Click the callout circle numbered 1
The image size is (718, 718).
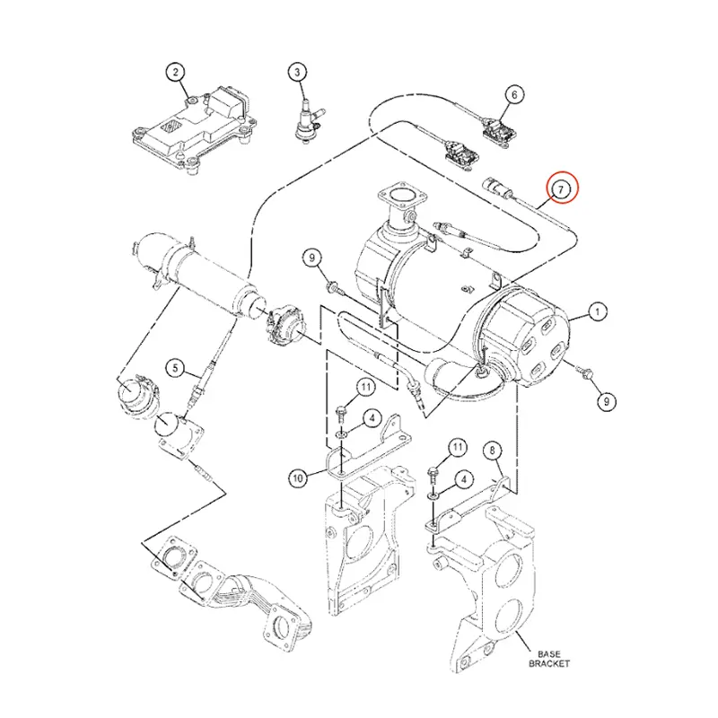(x=595, y=313)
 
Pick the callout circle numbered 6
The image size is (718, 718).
(x=514, y=93)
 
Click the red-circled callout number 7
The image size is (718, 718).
(x=560, y=188)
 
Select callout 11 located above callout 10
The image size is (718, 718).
(x=365, y=387)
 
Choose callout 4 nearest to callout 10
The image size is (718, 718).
(x=369, y=416)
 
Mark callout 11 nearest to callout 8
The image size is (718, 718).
(x=458, y=446)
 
